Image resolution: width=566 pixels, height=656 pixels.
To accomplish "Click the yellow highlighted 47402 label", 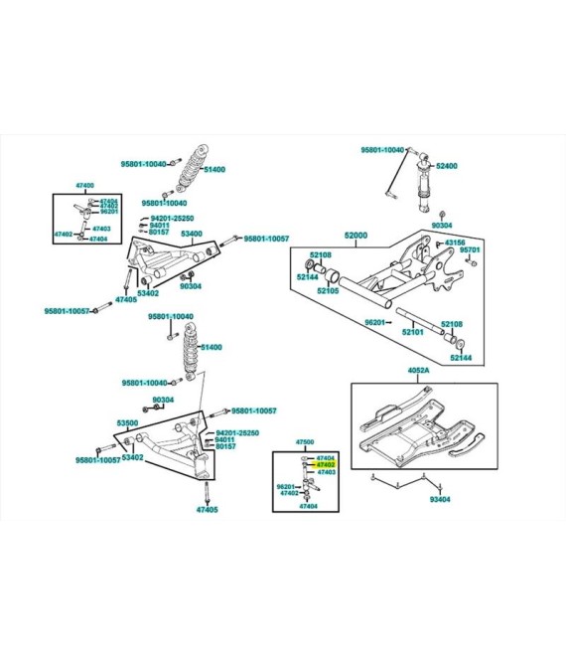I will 326,464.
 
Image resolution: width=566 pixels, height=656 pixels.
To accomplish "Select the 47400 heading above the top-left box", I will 84,186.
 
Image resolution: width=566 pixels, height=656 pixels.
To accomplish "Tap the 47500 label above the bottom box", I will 305,441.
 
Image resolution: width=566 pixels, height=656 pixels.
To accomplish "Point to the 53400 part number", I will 192,234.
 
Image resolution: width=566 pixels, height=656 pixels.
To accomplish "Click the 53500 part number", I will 127,423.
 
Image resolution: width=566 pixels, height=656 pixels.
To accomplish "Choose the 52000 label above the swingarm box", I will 355,236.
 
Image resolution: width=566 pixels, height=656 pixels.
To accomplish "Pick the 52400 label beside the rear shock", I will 447,166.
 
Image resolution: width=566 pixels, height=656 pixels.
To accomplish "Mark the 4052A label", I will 418,371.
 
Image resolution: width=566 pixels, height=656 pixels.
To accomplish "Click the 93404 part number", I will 440,499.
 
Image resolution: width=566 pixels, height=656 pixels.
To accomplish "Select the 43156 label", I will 455,242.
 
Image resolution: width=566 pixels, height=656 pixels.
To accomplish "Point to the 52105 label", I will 329,291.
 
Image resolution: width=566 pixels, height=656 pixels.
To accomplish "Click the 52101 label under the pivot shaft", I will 412,332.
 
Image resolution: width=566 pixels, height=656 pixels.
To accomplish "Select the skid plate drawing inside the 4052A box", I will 417,427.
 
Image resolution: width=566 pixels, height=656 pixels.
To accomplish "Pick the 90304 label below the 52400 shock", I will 442,227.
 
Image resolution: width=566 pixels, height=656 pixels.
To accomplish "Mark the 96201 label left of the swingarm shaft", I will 374,322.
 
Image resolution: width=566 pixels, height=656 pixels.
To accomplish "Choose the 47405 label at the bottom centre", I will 207,509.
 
